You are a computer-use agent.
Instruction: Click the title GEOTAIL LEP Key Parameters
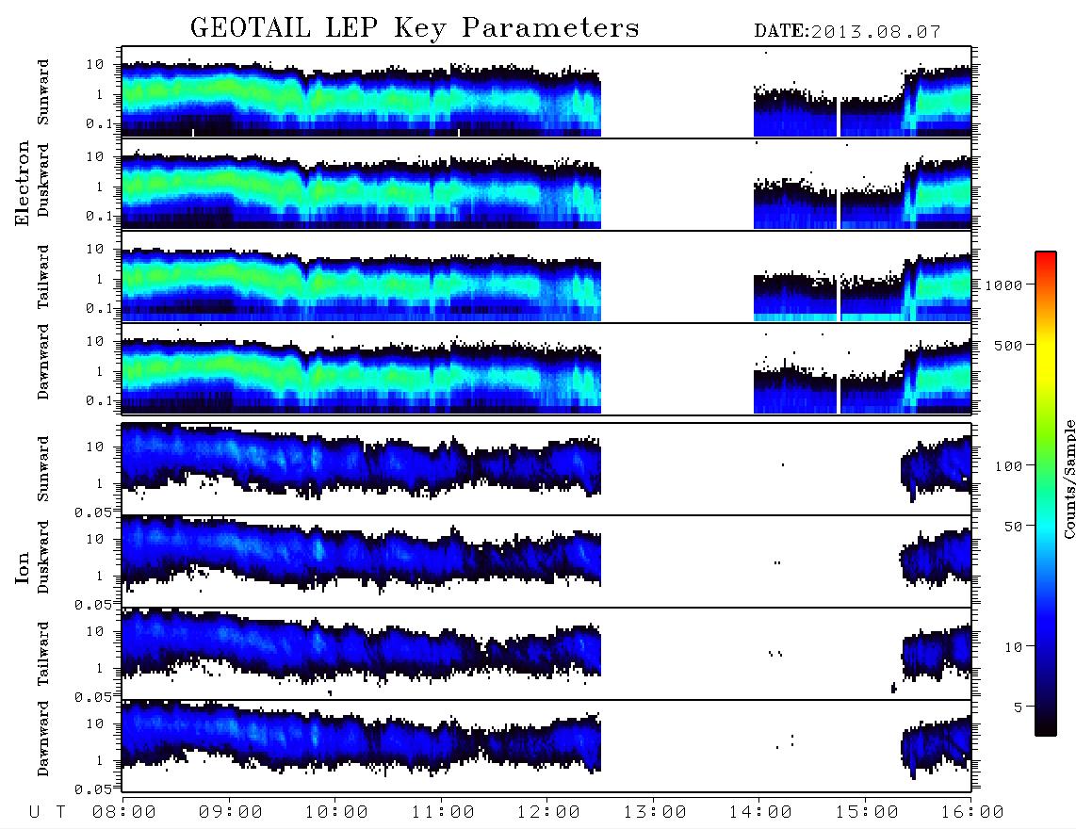click(x=415, y=28)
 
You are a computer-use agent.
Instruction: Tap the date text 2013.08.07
click(x=875, y=32)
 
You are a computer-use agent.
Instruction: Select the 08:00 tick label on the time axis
click(x=124, y=812)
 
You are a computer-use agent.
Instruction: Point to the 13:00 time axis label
click(x=655, y=812)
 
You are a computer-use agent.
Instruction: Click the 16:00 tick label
click(x=972, y=812)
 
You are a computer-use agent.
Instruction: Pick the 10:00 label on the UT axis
click(x=336, y=812)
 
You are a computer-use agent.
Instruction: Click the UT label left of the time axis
click(x=47, y=812)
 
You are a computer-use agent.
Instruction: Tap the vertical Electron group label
click(x=22, y=183)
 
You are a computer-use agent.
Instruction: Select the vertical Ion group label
click(x=22, y=568)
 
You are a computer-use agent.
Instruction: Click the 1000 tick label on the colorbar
click(x=1003, y=284)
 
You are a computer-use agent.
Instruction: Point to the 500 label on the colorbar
click(x=1008, y=345)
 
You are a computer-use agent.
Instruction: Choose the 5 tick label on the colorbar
click(x=1018, y=707)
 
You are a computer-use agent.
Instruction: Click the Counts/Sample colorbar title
click(x=1069, y=479)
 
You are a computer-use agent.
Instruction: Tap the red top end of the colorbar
click(x=1046, y=254)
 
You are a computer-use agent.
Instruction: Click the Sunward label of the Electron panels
click(x=43, y=92)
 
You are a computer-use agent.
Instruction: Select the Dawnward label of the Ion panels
click(x=43, y=738)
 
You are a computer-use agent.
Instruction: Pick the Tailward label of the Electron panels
click(x=43, y=277)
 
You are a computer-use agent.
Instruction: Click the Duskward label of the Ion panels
click(x=43, y=557)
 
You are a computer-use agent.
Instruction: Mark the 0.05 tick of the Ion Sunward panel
click(x=93, y=512)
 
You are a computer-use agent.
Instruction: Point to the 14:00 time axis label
click(x=760, y=812)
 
